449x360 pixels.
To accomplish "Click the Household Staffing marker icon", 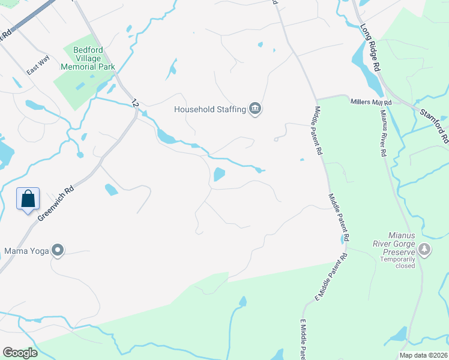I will [x=255, y=109].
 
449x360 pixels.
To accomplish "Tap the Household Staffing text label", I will [x=210, y=109].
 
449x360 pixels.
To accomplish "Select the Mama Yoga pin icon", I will [x=58, y=250].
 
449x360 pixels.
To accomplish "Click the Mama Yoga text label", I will [x=26, y=250].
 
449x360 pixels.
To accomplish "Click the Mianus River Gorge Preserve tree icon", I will [x=424, y=249].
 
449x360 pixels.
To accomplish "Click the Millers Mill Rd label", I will [x=371, y=103].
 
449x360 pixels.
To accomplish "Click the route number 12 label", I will [x=135, y=103].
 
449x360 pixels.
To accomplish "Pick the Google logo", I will [x=20, y=352].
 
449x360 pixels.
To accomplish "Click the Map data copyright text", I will [x=423, y=355].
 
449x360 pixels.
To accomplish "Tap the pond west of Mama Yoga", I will [x=5, y=154].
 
